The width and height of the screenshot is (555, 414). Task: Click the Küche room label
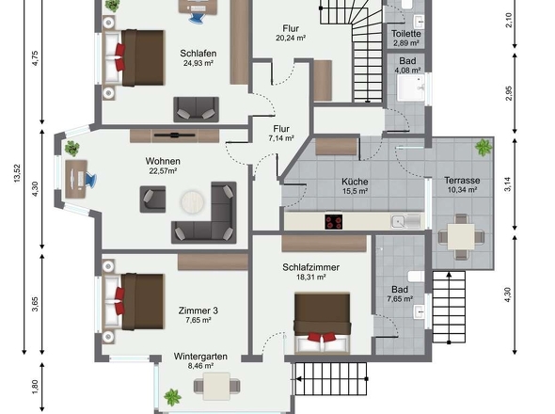pyautogui.click(x=355, y=182)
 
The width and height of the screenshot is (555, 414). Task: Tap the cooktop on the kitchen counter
pyautogui.click(x=333, y=222)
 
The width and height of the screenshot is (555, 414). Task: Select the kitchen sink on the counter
pyautogui.click(x=406, y=221)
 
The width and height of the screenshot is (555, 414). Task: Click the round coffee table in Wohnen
pyautogui.click(x=193, y=202)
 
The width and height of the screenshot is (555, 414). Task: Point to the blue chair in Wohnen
pyautogui.click(x=89, y=180)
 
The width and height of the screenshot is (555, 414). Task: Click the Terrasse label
pyautogui.click(x=462, y=181)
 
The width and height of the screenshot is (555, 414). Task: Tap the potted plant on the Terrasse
pyautogui.click(x=484, y=147)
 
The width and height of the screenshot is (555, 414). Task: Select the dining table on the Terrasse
pyautogui.click(x=461, y=236)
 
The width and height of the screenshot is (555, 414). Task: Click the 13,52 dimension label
pyautogui.click(x=17, y=173)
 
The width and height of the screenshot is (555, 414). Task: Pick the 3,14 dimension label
pyautogui.click(x=508, y=184)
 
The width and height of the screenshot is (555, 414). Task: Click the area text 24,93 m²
pyautogui.click(x=198, y=63)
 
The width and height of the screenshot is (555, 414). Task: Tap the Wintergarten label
pyautogui.click(x=200, y=357)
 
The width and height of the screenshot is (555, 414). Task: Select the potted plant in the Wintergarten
pyautogui.click(x=173, y=397)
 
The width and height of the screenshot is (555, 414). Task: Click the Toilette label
pyautogui.click(x=406, y=34)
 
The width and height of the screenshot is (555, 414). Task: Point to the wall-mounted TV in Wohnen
pyautogui.click(x=175, y=135)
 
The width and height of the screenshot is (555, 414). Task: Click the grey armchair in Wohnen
pyautogui.click(x=152, y=199)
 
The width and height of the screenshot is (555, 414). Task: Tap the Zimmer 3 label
pyautogui.click(x=198, y=310)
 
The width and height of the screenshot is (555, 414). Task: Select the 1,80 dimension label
pyautogui.click(x=35, y=387)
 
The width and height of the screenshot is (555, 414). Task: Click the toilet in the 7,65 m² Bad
pyautogui.click(x=416, y=276)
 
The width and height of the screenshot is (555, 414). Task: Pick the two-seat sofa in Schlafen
pyautogui.click(x=196, y=109)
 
